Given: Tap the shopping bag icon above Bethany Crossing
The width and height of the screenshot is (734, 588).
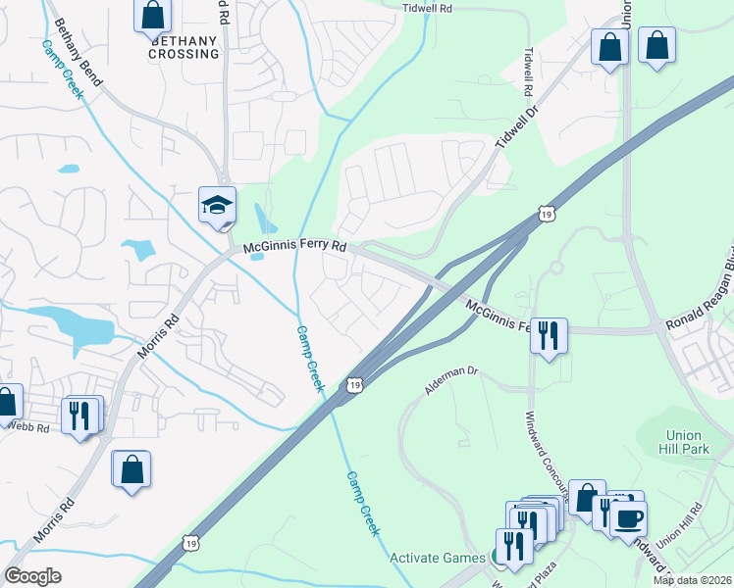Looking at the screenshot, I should point(152,15).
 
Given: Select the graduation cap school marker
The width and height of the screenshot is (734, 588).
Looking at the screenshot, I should point(217,204).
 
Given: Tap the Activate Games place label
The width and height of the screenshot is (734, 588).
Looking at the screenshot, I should point(437,558).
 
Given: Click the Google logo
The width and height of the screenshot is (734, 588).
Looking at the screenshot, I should point(32,576).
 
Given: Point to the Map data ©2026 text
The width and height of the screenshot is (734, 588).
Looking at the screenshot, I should point(692,580).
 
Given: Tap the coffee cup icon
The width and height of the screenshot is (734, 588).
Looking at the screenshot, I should point(628,517).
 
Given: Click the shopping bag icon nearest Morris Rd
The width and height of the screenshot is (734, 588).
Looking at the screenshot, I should point(131,468).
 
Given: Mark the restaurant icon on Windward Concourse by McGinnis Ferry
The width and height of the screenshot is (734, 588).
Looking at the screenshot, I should point(549,335).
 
